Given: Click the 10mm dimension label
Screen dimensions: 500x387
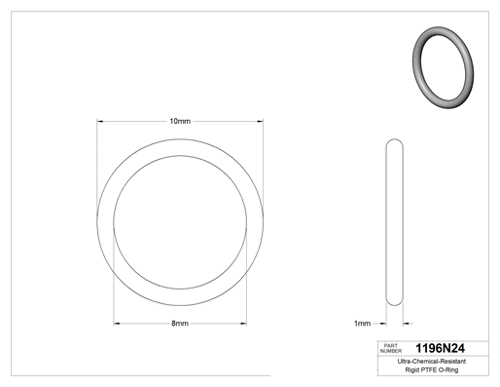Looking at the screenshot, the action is point(180,121).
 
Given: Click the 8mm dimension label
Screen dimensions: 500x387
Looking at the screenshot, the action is point(180,324).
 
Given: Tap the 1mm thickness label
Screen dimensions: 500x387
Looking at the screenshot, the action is point(362,324).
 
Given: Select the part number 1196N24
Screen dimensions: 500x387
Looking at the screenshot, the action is point(440,348).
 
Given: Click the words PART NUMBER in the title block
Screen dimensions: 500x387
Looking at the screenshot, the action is point(391,348).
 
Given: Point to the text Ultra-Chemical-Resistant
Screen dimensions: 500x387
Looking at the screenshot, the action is point(432,362).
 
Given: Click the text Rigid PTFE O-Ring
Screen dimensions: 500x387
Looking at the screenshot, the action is point(432,369).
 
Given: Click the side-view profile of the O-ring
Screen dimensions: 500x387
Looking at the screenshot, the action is point(386,222).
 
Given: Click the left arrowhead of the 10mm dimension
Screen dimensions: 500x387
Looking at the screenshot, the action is point(100,122).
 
